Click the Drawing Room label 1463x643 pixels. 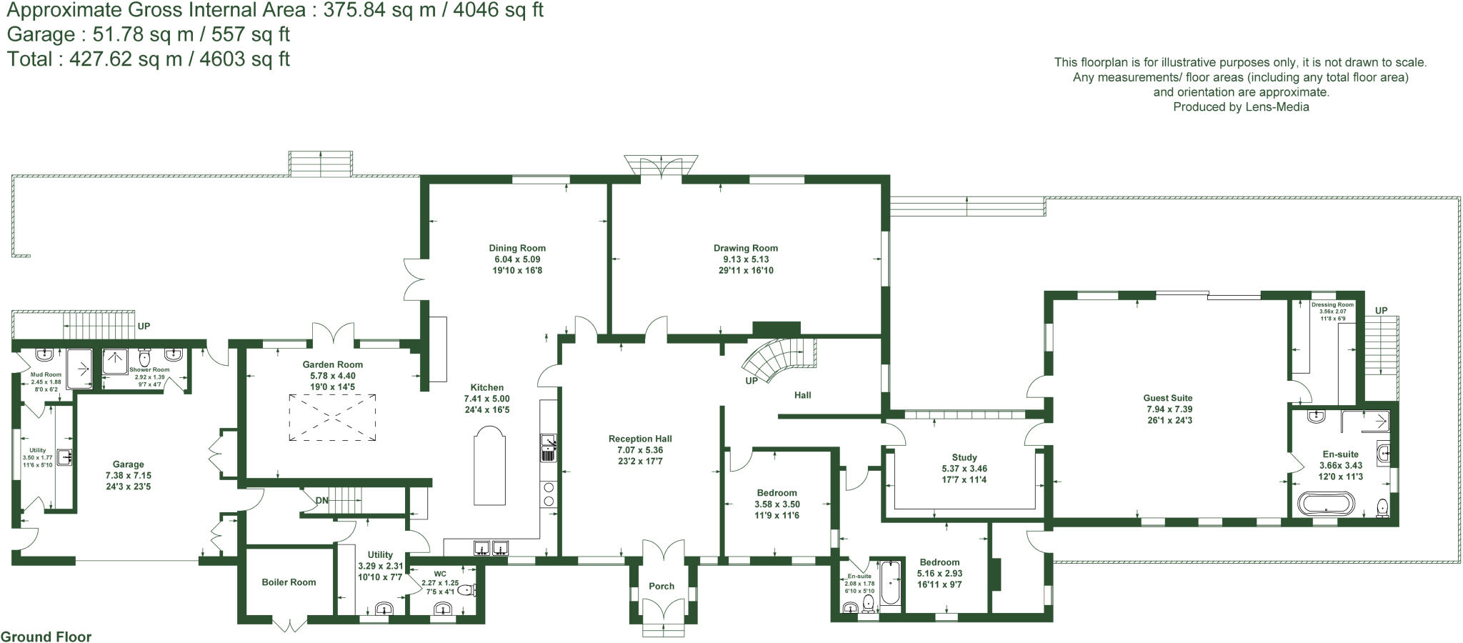point(745,249)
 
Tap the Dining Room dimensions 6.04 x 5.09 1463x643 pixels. point(517,259)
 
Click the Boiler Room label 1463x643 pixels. point(289,582)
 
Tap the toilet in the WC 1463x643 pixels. point(466,591)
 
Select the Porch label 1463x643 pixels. point(661,586)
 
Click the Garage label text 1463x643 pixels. point(128,464)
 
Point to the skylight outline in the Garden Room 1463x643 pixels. point(332,418)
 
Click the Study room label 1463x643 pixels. point(964,457)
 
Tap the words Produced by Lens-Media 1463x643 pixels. point(1241,107)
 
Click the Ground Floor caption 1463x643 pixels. point(46,637)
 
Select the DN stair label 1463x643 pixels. point(322,500)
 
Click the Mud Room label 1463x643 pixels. point(46,374)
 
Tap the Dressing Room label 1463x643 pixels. point(1332,305)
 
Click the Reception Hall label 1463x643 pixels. point(640,439)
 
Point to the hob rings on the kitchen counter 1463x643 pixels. point(549,494)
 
